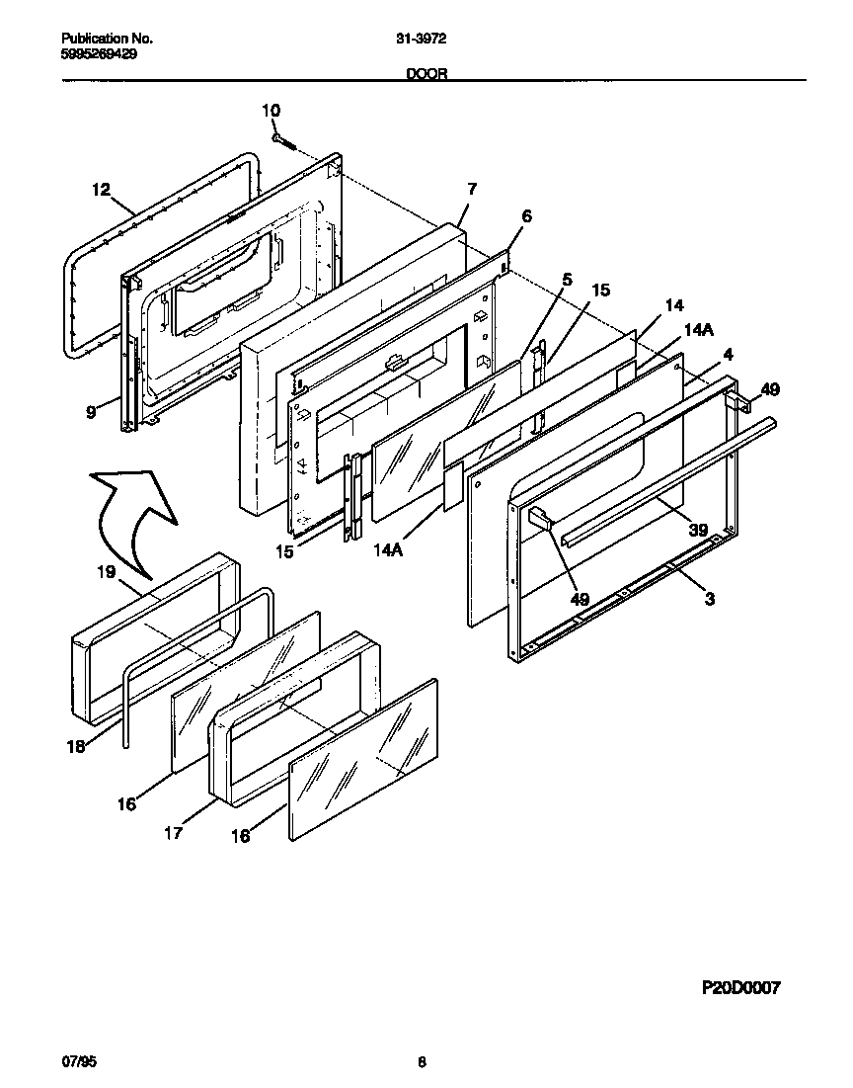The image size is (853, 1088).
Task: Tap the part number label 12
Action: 102,190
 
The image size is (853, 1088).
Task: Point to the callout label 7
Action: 472,189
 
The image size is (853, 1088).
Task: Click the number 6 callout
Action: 525,216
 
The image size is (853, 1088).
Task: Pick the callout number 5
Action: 566,280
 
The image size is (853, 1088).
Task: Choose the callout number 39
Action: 697,531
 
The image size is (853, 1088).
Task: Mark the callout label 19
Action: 106,571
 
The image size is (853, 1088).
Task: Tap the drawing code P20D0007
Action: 740,987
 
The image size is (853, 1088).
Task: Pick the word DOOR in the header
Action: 426,73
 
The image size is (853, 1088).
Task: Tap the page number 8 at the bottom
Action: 423,1063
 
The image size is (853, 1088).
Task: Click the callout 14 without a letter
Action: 674,306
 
